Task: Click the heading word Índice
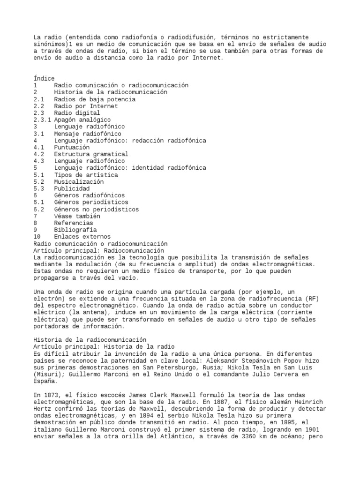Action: click(44, 78)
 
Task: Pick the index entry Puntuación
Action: click(72, 147)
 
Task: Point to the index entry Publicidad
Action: click(72, 188)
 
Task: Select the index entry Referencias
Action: click(74, 223)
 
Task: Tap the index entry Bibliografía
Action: click(75, 230)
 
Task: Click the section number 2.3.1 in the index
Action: click(42, 120)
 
